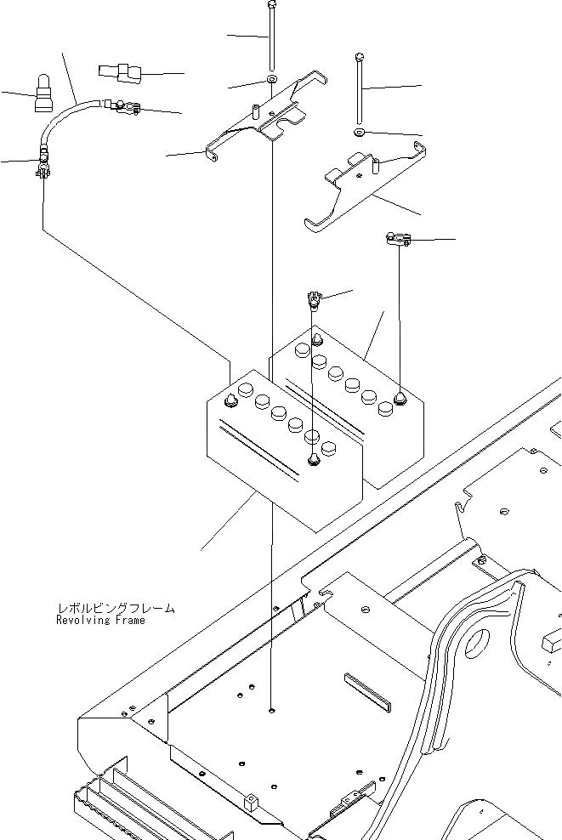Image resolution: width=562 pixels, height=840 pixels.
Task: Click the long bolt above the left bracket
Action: point(271,38)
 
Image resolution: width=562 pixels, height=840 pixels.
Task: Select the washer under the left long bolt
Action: point(270,80)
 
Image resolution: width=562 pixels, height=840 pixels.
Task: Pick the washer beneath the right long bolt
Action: point(360,133)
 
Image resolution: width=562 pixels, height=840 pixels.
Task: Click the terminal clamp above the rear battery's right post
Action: point(396,241)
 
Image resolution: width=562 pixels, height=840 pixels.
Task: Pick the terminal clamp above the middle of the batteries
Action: point(312,298)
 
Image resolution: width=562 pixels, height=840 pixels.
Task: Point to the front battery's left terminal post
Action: point(230,400)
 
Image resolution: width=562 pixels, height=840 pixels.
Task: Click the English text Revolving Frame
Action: point(100,621)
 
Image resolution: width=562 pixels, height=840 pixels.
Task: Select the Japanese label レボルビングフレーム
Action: point(116,608)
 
